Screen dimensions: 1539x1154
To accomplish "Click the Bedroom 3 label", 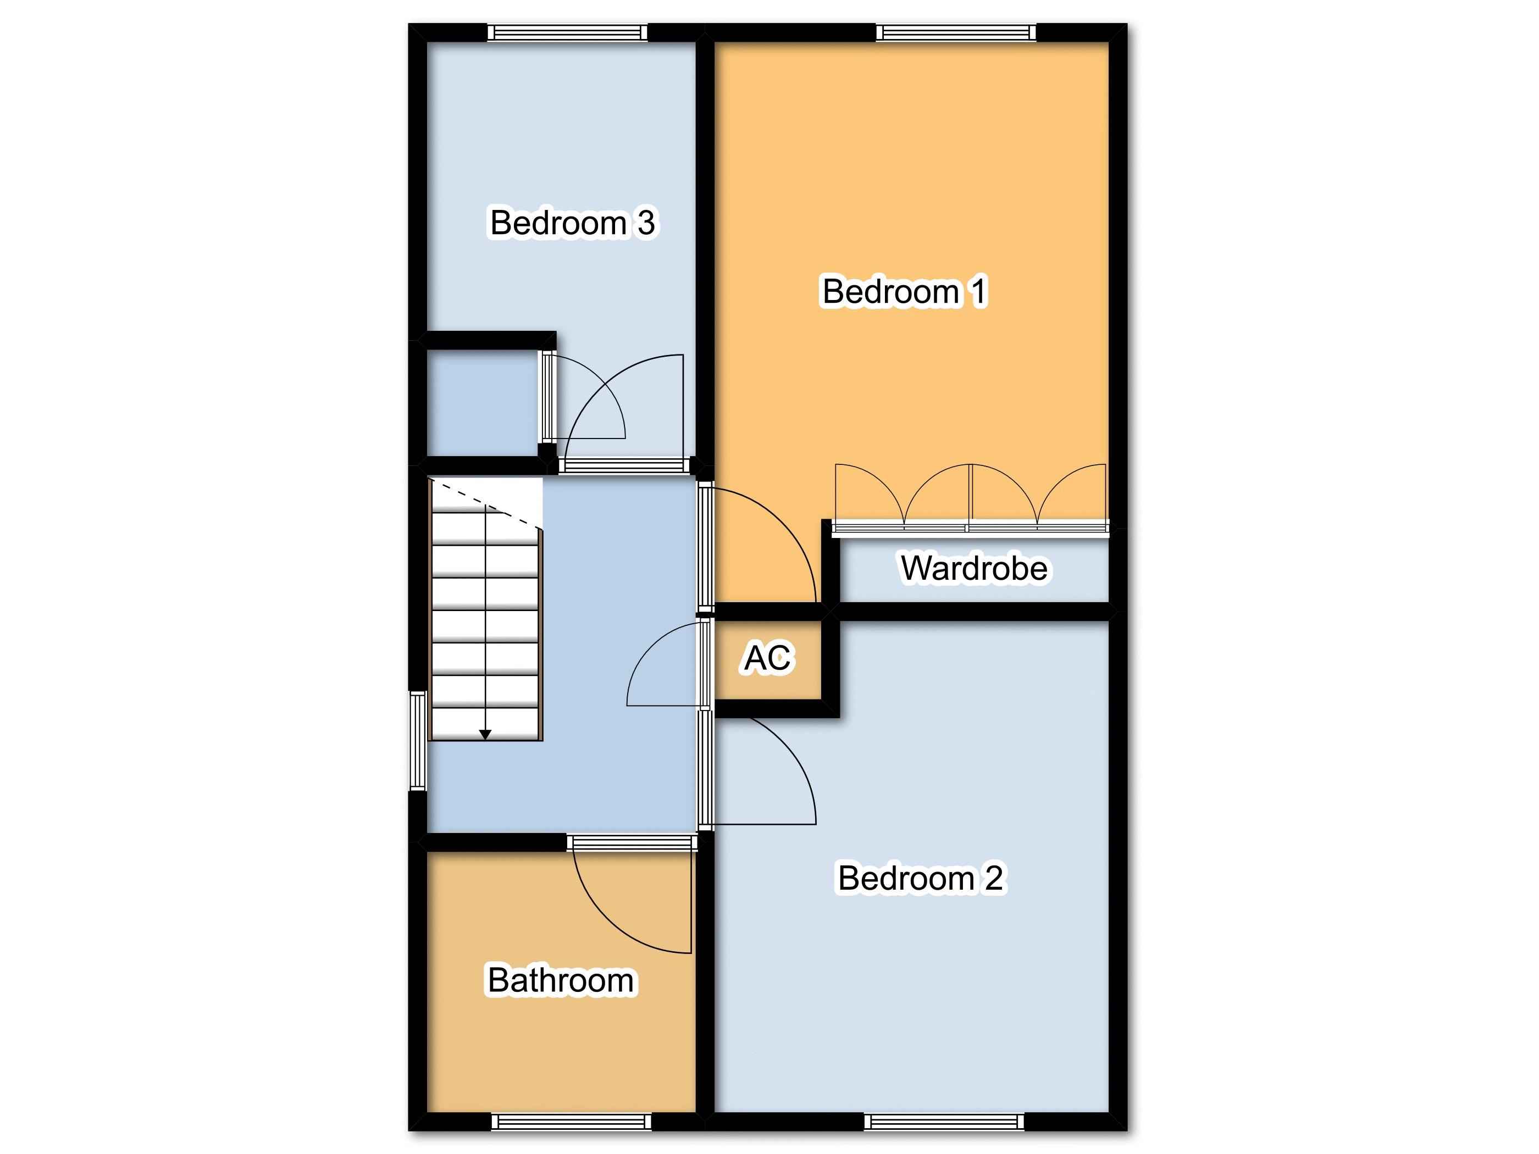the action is [x=572, y=223].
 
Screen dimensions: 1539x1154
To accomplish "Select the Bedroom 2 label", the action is [x=921, y=878].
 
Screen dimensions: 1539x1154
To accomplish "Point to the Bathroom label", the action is [x=561, y=980].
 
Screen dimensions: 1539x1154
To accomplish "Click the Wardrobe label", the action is [x=973, y=568].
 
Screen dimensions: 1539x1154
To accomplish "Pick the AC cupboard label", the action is [x=768, y=657].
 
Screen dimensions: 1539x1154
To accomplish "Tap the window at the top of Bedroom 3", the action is [x=567, y=32].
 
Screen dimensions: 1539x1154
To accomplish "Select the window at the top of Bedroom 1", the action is [x=955, y=32].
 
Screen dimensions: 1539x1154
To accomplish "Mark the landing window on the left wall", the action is [x=417, y=741].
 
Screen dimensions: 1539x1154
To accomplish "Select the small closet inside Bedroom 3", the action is [x=483, y=403].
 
